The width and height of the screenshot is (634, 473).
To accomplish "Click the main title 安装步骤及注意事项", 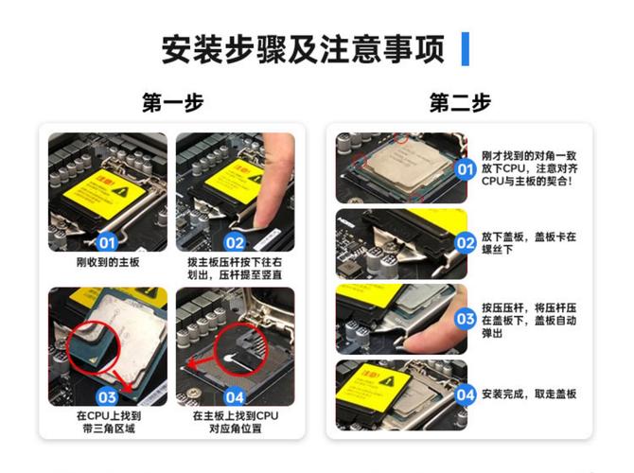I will click(303, 49).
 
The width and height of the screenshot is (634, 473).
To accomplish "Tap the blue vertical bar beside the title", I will click(465, 48).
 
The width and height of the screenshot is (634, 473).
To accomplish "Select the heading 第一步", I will click(172, 102).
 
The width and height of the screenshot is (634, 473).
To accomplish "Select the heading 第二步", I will click(460, 102).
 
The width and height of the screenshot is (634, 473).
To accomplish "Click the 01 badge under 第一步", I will click(108, 242).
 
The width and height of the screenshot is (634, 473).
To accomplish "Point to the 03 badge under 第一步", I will click(108, 396).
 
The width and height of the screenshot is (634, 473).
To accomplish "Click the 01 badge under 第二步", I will click(465, 169).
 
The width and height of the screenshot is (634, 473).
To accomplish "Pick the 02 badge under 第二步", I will click(465, 242).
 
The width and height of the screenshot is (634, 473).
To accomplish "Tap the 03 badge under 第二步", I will click(465, 319).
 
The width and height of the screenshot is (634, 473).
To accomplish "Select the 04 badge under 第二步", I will click(465, 394).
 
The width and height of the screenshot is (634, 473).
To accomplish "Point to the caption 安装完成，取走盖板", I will click(528, 394).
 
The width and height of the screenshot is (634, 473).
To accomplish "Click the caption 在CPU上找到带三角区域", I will click(108, 422).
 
